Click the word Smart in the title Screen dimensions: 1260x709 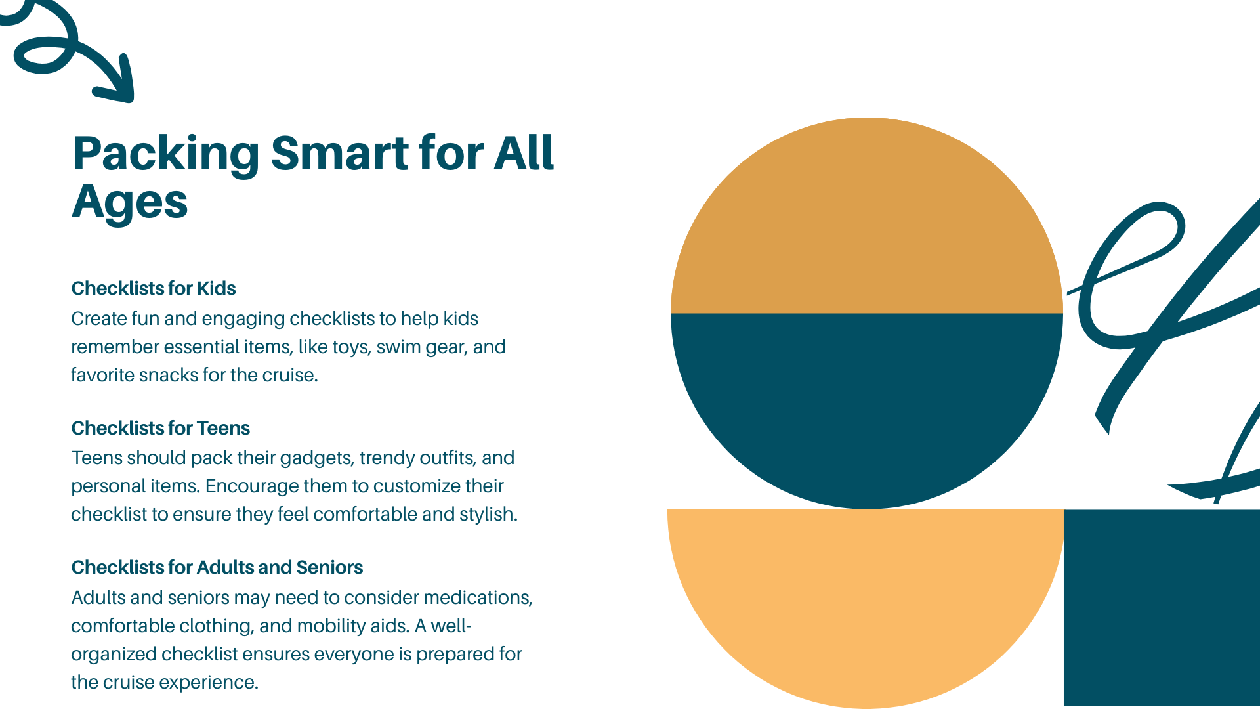(340, 153)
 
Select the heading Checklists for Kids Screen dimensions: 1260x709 (154, 288)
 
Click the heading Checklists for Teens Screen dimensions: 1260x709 (161, 428)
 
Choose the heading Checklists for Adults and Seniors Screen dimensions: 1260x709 (217, 567)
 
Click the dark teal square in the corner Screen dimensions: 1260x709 (1162, 608)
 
